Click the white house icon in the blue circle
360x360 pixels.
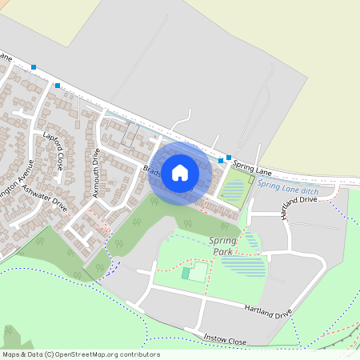180,172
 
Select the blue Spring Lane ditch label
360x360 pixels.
288,189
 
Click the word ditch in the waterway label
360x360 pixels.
309,191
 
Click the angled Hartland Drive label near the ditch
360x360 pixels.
299,206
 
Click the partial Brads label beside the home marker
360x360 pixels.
151,170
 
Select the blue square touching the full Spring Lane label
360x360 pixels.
229,158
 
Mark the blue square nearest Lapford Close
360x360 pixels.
58,85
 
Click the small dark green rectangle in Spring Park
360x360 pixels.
186,274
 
